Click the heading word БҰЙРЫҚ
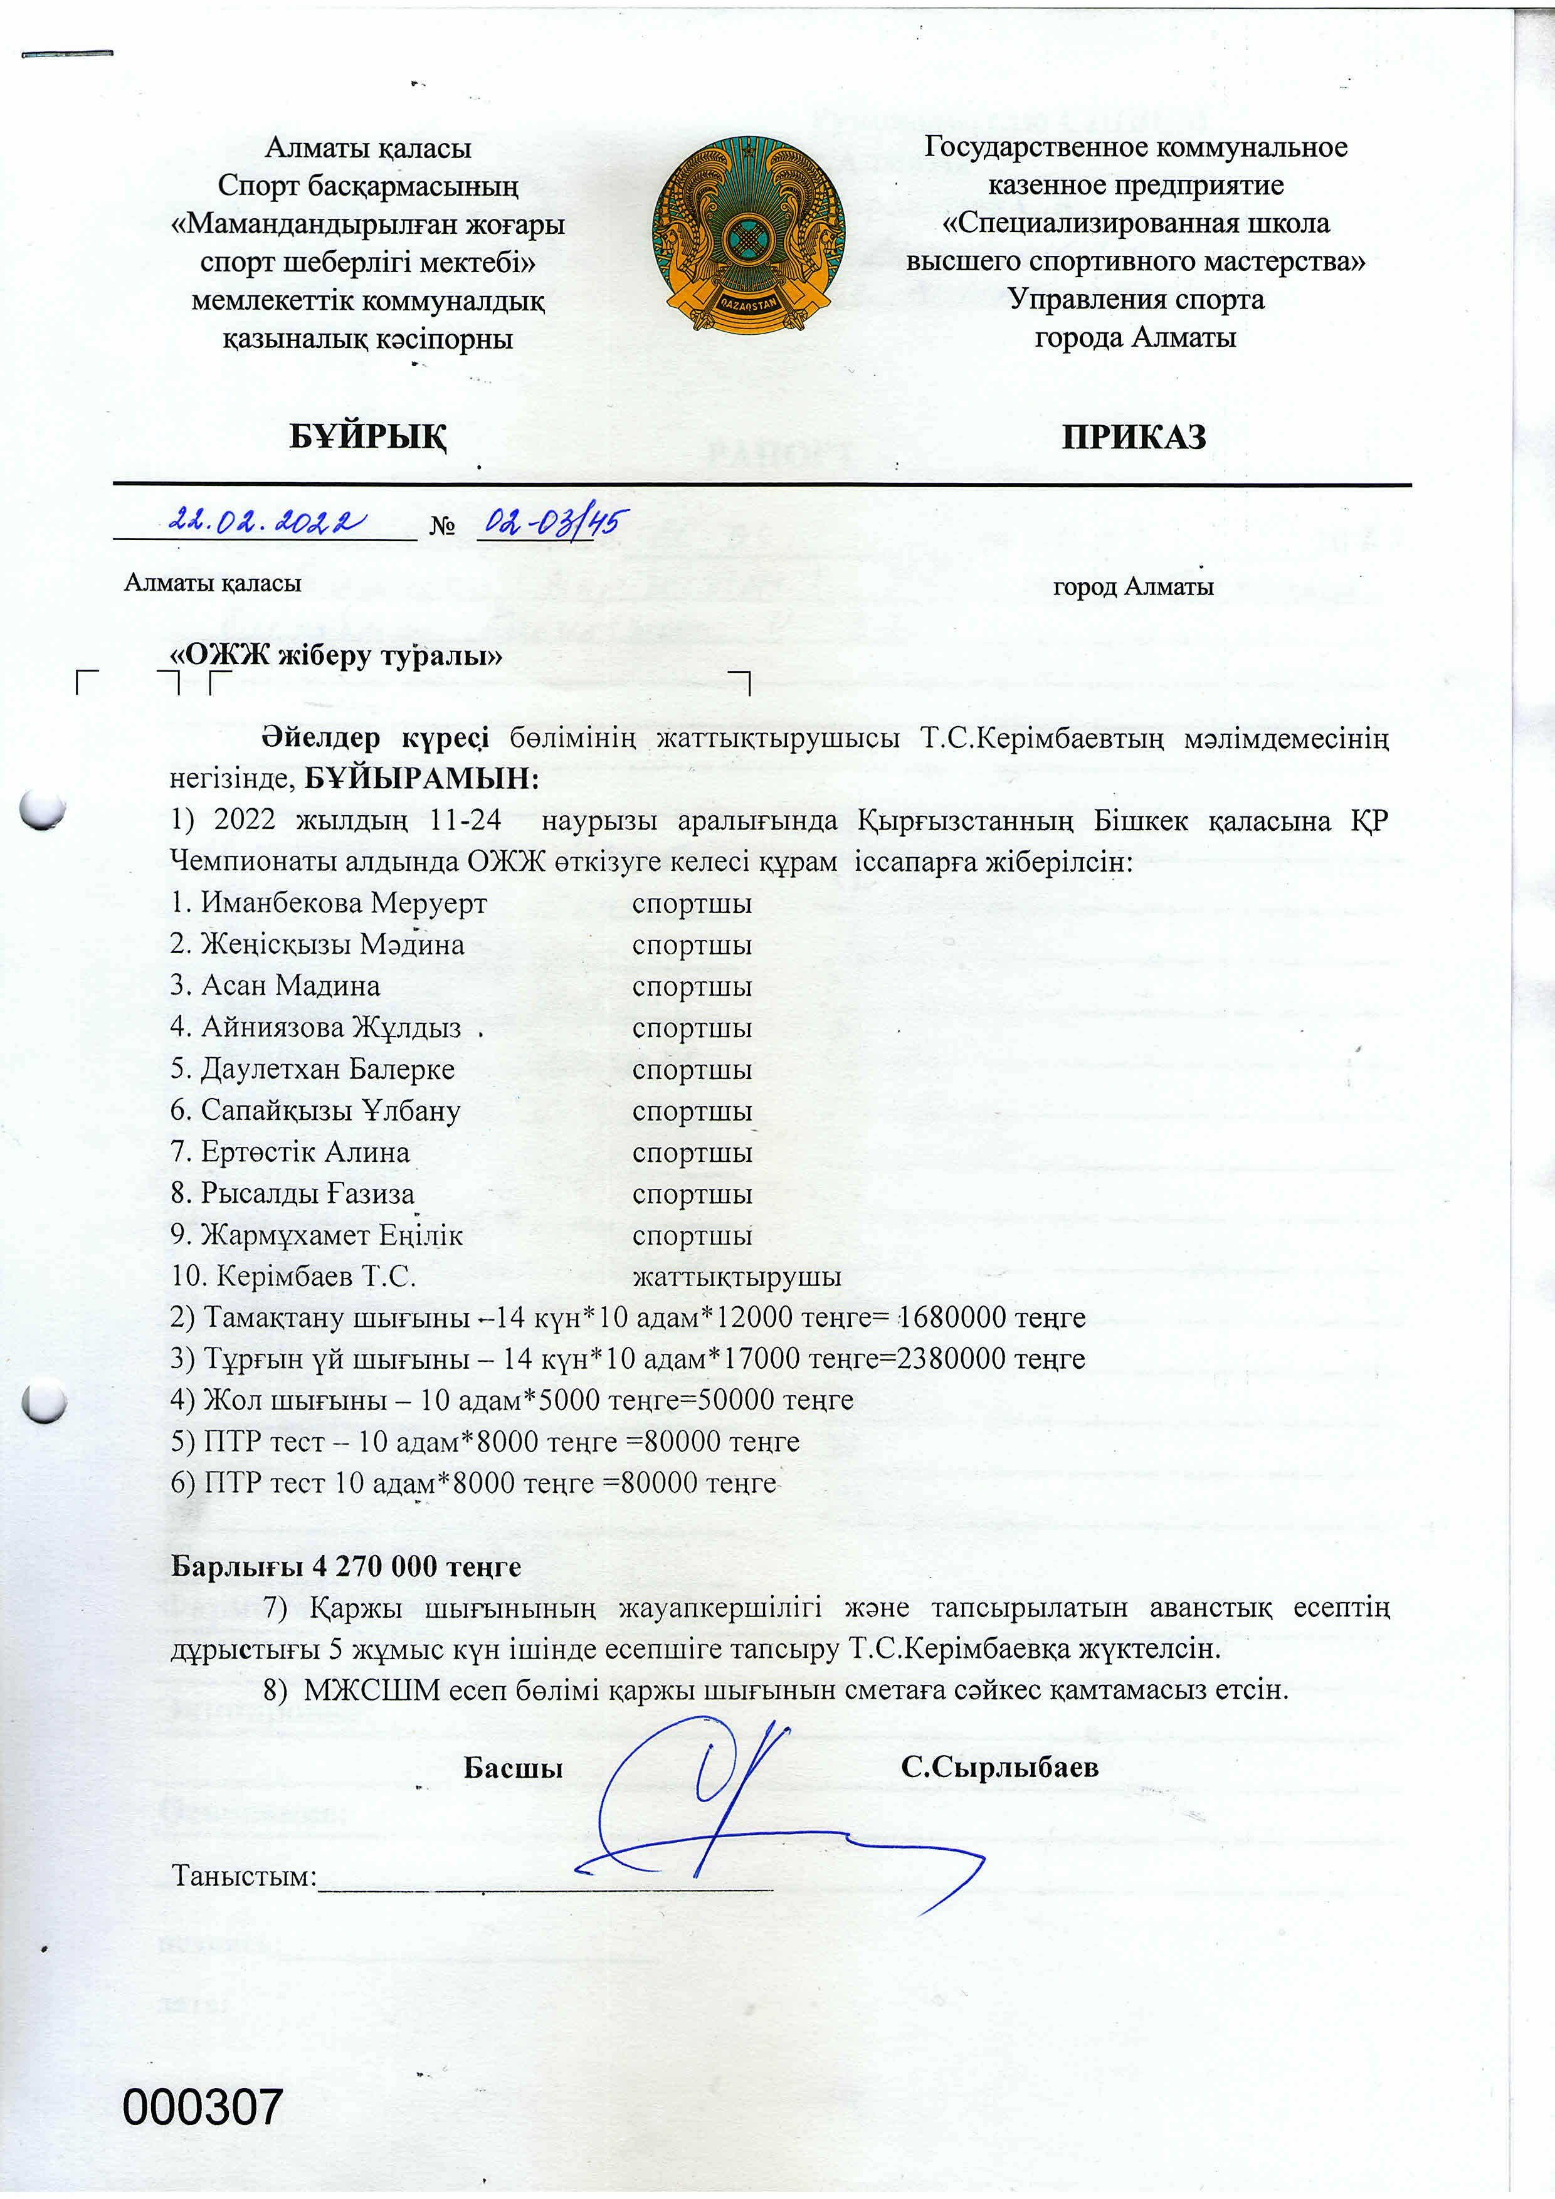pos(367,437)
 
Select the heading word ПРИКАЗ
pos(1134,437)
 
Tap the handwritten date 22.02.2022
pos(266,521)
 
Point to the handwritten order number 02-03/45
pos(556,522)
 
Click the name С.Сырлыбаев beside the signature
pos(999,1767)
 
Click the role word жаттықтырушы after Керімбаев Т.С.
pos(736,1277)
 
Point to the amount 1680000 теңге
pos(992,1318)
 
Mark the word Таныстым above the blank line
pos(242,1875)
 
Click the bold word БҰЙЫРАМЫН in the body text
pos(421,779)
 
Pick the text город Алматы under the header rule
pos(1133,586)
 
